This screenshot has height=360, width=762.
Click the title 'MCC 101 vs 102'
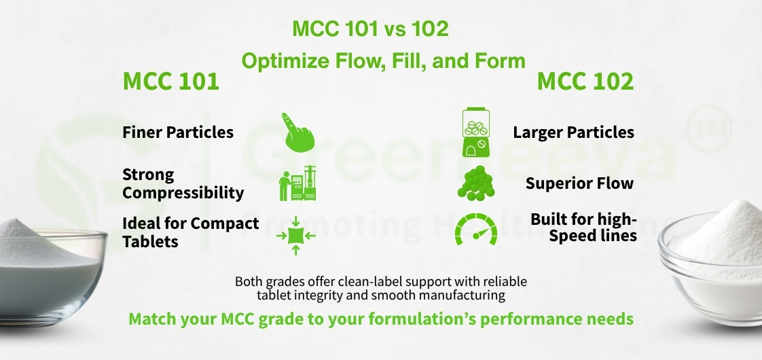(x=370, y=29)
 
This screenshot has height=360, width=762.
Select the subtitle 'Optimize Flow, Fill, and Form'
(x=383, y=61)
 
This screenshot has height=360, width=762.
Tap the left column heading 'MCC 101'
(x=170, y=82)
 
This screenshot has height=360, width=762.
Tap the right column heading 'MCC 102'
(x=585, y=82)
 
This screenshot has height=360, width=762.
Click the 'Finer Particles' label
(x=178, y=132)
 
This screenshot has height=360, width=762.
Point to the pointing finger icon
(x=298, y=132)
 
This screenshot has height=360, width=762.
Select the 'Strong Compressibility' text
(x=183, y=183)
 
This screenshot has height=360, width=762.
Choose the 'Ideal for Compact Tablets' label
(x=190, y=232)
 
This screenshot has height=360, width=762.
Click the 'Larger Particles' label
(x=573, y=132)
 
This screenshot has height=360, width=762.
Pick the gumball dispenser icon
(x=476, y=132)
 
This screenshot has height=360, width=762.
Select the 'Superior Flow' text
(x=579, y=183)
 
